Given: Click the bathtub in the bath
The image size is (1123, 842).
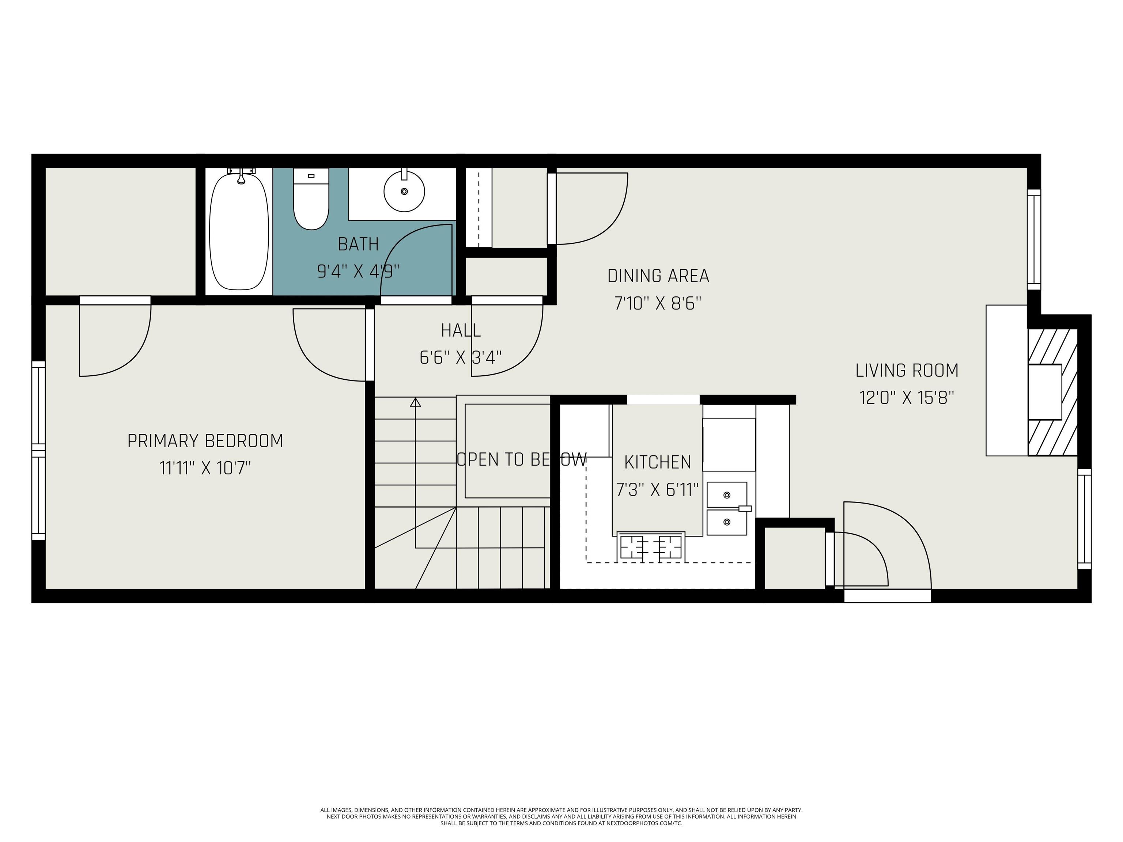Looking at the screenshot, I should click(x=239, y=232).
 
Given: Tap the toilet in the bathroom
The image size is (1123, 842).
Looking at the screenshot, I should click(x=311, y=203).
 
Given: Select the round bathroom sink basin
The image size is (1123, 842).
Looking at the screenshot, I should click(x=404, y=191).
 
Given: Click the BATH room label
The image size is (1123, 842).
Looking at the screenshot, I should click(x=358, y=244).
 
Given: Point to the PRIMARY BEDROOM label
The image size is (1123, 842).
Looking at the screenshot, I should click(x=205, y=440).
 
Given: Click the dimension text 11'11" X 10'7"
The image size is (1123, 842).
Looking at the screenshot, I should click(x=205, y=467).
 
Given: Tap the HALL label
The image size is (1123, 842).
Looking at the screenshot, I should click(x=461, y=330).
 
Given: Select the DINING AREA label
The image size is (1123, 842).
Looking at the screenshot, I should click(x=658, y=276).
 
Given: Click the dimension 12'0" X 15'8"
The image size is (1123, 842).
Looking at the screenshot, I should click(x=907, y=397).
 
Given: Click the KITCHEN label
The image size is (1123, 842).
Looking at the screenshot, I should click(x=657, y=462).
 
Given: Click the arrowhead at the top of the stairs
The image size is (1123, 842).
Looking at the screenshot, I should click(x=415, y=402).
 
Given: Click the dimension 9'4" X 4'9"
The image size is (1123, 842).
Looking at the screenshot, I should click(x=358, y=272).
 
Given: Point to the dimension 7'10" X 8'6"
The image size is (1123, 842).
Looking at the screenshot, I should click(x=658, y=303).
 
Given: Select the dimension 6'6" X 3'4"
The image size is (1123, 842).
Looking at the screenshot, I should click(x=461, y=358).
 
